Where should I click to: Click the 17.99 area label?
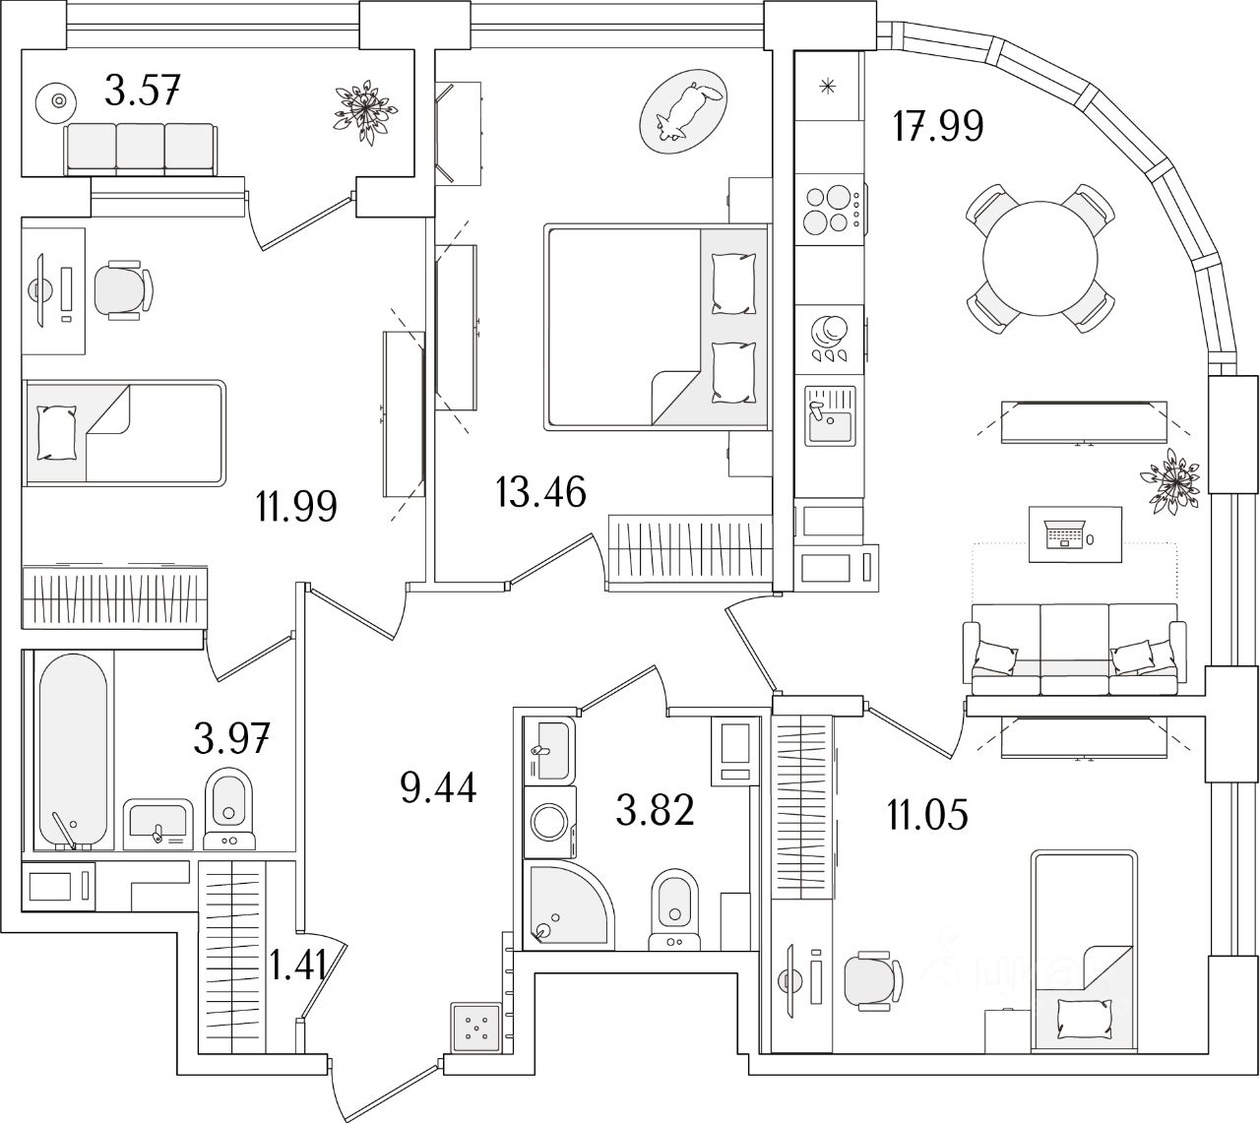937,126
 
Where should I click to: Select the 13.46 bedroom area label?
541,489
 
